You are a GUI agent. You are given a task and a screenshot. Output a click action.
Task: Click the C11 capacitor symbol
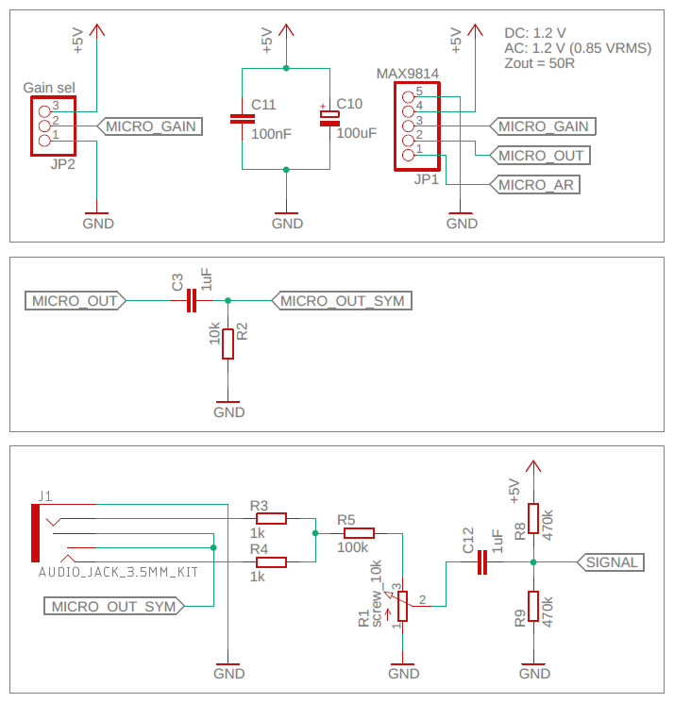point(243,119)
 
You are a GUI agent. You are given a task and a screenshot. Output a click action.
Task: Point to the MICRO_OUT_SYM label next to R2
point(342,301)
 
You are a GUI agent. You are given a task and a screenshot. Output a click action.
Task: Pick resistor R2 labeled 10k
point(227,343)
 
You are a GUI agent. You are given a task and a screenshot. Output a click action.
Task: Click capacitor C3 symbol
point(191,301)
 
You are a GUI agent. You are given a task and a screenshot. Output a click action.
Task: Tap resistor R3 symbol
point(272,518)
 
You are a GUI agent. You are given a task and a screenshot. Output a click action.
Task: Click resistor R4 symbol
point(272,562)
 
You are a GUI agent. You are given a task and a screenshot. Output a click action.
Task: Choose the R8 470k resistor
point(533,519)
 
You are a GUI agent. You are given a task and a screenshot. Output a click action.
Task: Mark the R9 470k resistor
point(533,607)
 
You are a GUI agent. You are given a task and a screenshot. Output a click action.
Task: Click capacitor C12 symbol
point(482,562)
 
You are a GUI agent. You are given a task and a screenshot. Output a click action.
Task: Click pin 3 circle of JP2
point(43,107)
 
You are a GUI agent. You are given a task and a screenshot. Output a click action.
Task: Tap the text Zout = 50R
point(540,64)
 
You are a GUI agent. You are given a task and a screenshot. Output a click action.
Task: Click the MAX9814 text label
point(408,73)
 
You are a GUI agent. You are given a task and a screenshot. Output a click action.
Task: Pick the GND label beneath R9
point(534,674)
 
